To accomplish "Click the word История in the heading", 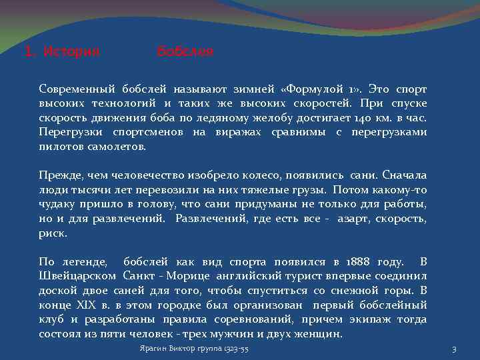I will (71, 51).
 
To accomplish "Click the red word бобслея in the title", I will (185, 51).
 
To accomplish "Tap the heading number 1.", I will (29, 51).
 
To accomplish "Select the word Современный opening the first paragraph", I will (77, 88).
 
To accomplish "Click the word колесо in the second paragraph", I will (259, 175).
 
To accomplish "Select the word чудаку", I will (57, 204).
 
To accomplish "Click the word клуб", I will (52, 320).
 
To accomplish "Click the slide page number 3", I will (454, 349).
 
